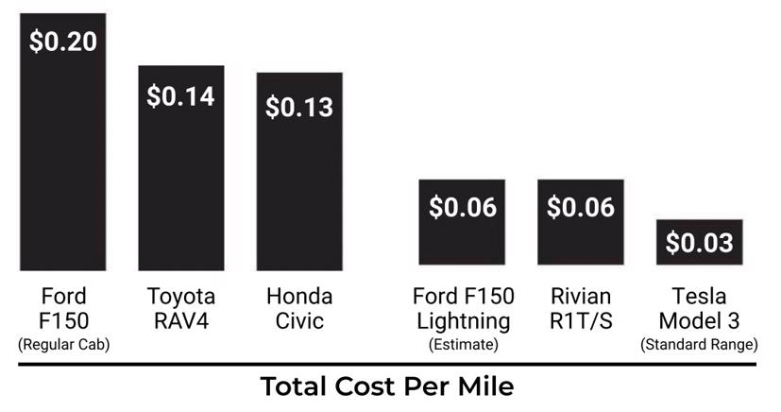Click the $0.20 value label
63,42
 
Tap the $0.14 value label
180,96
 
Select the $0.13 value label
299,107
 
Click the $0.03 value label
699,243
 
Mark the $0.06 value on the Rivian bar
581,207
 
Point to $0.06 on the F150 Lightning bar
463,207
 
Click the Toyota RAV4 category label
181,308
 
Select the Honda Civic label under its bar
299,308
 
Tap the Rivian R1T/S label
581,308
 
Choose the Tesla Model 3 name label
699,308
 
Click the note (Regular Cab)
63,345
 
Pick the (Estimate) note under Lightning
463,345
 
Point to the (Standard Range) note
699,345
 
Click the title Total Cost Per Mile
387,386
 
